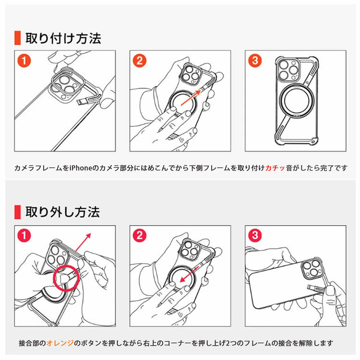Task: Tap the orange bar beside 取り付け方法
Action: coord(17,38)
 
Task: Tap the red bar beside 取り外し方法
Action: coord(17,211)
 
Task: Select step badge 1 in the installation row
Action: coord(24,60)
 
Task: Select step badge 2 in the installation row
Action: coord(139,60)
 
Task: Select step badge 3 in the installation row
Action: coord(254,60)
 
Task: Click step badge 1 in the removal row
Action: coord(24,235)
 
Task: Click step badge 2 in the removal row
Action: coord(139,235)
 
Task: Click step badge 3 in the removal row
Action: coord(254,235)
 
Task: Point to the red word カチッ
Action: coord(276,168)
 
